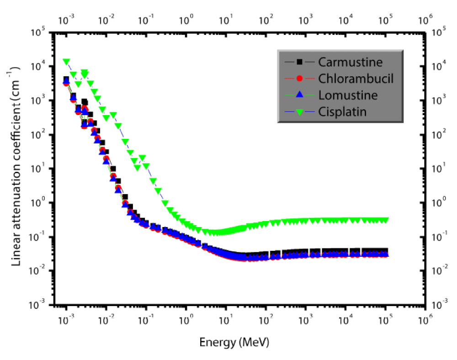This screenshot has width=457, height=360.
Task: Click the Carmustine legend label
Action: tap(351, 62)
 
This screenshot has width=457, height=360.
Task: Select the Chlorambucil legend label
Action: tap(356, 79)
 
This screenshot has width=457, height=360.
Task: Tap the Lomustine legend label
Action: tap(348, 95)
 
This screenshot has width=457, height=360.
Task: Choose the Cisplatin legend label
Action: tap(343, 111)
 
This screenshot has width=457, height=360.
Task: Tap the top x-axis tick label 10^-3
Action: tap(67, 20)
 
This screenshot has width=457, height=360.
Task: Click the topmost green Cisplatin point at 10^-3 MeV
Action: tap(66, 62)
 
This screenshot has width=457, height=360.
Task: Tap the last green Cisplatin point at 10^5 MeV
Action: tap(385, 220)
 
